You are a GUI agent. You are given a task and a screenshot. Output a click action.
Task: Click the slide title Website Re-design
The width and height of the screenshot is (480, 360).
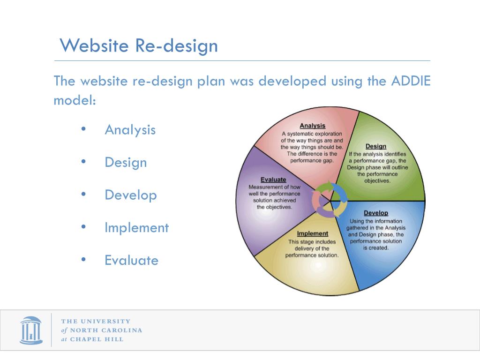coord(139,46)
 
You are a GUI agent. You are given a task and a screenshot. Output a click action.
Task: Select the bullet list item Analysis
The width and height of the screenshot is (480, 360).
coord(130,129)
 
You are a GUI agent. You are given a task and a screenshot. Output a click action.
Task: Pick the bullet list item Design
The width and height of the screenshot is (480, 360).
coord(126,162)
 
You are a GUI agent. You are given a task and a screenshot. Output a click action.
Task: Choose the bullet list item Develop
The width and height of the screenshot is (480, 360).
coord(130,195)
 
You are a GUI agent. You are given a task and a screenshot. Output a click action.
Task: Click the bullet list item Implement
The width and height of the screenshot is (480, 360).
coord(136,228)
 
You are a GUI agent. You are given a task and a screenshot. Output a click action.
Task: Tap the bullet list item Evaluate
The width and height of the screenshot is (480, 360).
coord(131,260)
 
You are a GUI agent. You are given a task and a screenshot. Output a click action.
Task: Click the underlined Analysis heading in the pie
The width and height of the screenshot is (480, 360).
coord(312,126)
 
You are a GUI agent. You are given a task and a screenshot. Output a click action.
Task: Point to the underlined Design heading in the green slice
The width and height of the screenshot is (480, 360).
coord(375,146)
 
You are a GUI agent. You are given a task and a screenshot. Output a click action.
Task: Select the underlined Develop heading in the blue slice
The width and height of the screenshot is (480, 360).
coord(376,213)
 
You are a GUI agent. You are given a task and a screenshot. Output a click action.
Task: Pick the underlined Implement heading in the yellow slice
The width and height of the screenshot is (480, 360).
coord(312,233)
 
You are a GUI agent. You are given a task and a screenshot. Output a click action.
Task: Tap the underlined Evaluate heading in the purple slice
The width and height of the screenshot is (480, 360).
coord(273,180)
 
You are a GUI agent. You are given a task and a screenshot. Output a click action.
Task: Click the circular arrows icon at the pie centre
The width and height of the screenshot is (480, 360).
coord(330,200)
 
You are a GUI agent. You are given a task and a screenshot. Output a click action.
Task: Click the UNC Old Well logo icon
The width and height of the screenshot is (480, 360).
coord(31,330)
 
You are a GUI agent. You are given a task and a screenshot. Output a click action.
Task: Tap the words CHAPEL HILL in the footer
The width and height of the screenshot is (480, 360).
coord(97,339)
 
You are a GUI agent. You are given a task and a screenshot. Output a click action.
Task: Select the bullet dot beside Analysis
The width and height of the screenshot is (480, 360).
coord(83,129)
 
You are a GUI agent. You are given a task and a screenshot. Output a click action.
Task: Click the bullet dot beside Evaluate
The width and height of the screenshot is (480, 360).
coord(83,260)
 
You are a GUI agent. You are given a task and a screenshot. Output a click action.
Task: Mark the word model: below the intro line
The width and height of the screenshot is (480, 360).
coord(75,100)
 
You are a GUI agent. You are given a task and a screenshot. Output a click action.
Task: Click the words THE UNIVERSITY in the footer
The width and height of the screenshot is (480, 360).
coord(96,321)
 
